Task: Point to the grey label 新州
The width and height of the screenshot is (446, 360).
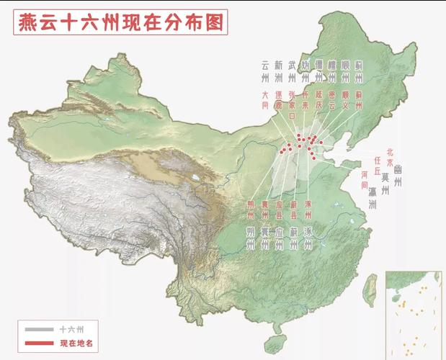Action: [278, 71]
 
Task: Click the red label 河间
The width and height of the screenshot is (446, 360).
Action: [365, 179]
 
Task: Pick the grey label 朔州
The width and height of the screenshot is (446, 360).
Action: [250, 238]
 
